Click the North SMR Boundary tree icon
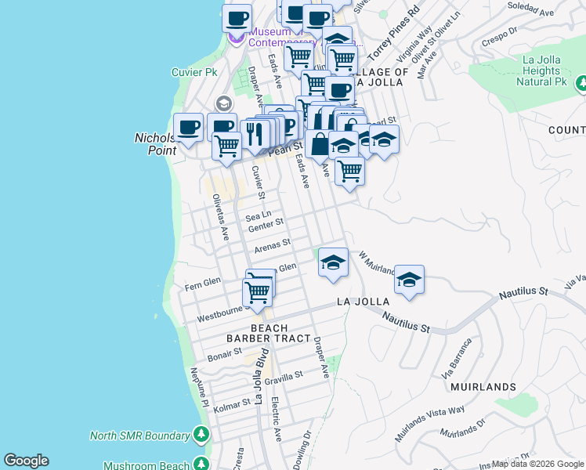tap(201, 435)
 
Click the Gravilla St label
tap(283, 378)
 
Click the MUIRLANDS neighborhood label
tap(483, 387)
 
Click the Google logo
tap(26, 461)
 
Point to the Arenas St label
tap(273, 246)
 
